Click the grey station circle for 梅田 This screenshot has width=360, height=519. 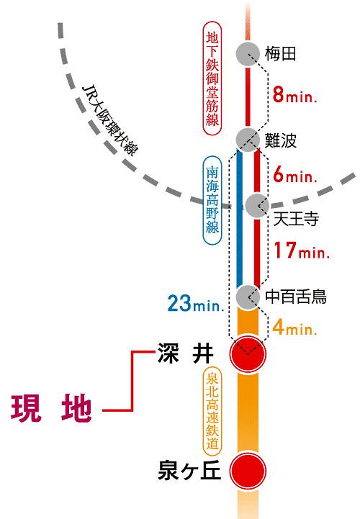pos(248,53)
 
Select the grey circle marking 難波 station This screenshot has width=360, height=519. pos(248,139)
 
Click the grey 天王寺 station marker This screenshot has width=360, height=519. pos(257,205)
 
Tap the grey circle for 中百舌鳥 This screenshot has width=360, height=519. pos(248,295)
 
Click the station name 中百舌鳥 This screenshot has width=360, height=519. pos(296,296)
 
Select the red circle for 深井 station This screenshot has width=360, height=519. pos(248,353)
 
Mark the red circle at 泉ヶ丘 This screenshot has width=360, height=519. pos(248,471)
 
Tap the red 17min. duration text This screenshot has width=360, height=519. pos(301,251)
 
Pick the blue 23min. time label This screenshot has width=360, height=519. pos(196,303)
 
